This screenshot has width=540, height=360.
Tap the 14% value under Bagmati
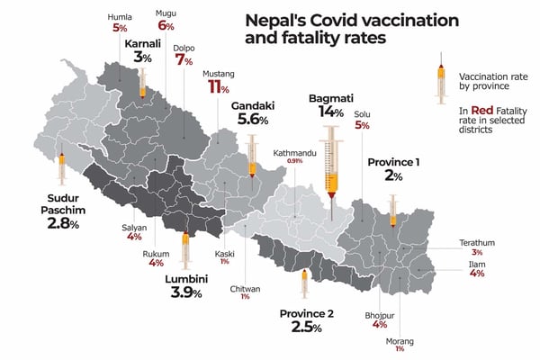pos(330,112)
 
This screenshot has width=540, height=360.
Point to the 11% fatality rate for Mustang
pos(217,86)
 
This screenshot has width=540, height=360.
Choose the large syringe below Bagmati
pos(332,171)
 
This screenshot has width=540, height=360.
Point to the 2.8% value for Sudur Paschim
pos(63,223)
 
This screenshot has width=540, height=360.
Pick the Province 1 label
pos(393,162)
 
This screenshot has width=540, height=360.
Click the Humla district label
pos(119,16)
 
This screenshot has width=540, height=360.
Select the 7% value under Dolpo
pos(184,60)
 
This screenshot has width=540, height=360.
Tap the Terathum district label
pos(476,242)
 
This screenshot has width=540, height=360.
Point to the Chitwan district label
pos(245,288)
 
